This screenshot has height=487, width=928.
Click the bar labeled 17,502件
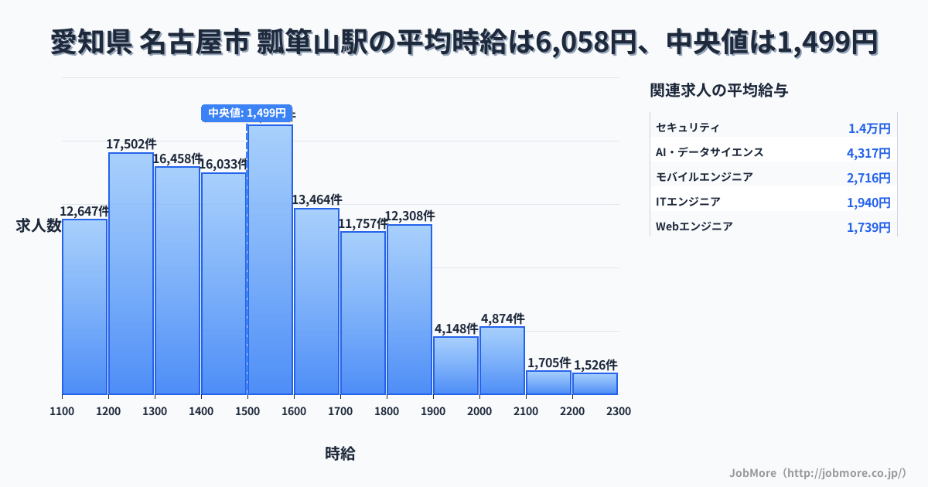click(131, 274)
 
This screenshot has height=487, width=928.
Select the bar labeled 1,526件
click(595, 383)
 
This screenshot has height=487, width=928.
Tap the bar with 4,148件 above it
click(455, 365)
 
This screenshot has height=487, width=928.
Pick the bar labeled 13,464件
click(316, 301)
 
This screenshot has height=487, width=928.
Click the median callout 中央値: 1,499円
click(247, 113)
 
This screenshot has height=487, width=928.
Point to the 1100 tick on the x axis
click(62, 411)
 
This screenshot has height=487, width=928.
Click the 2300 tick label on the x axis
click(619, 411)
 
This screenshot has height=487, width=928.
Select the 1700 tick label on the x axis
click(340, 411)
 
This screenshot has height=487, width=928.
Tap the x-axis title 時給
click(340, 454)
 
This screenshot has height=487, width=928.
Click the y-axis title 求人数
click(39, 226)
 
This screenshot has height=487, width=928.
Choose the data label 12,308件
click(410, 216)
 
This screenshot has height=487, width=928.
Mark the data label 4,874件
click(503, 318)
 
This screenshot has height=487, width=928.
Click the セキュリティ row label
click(687, 128)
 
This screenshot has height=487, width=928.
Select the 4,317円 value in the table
click(868, 153)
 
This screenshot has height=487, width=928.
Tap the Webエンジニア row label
click(694, 226)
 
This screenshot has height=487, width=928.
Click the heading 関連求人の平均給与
click(719, 90)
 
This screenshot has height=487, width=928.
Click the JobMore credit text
click(817, 472)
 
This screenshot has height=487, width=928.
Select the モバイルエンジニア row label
click(704, 177)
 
